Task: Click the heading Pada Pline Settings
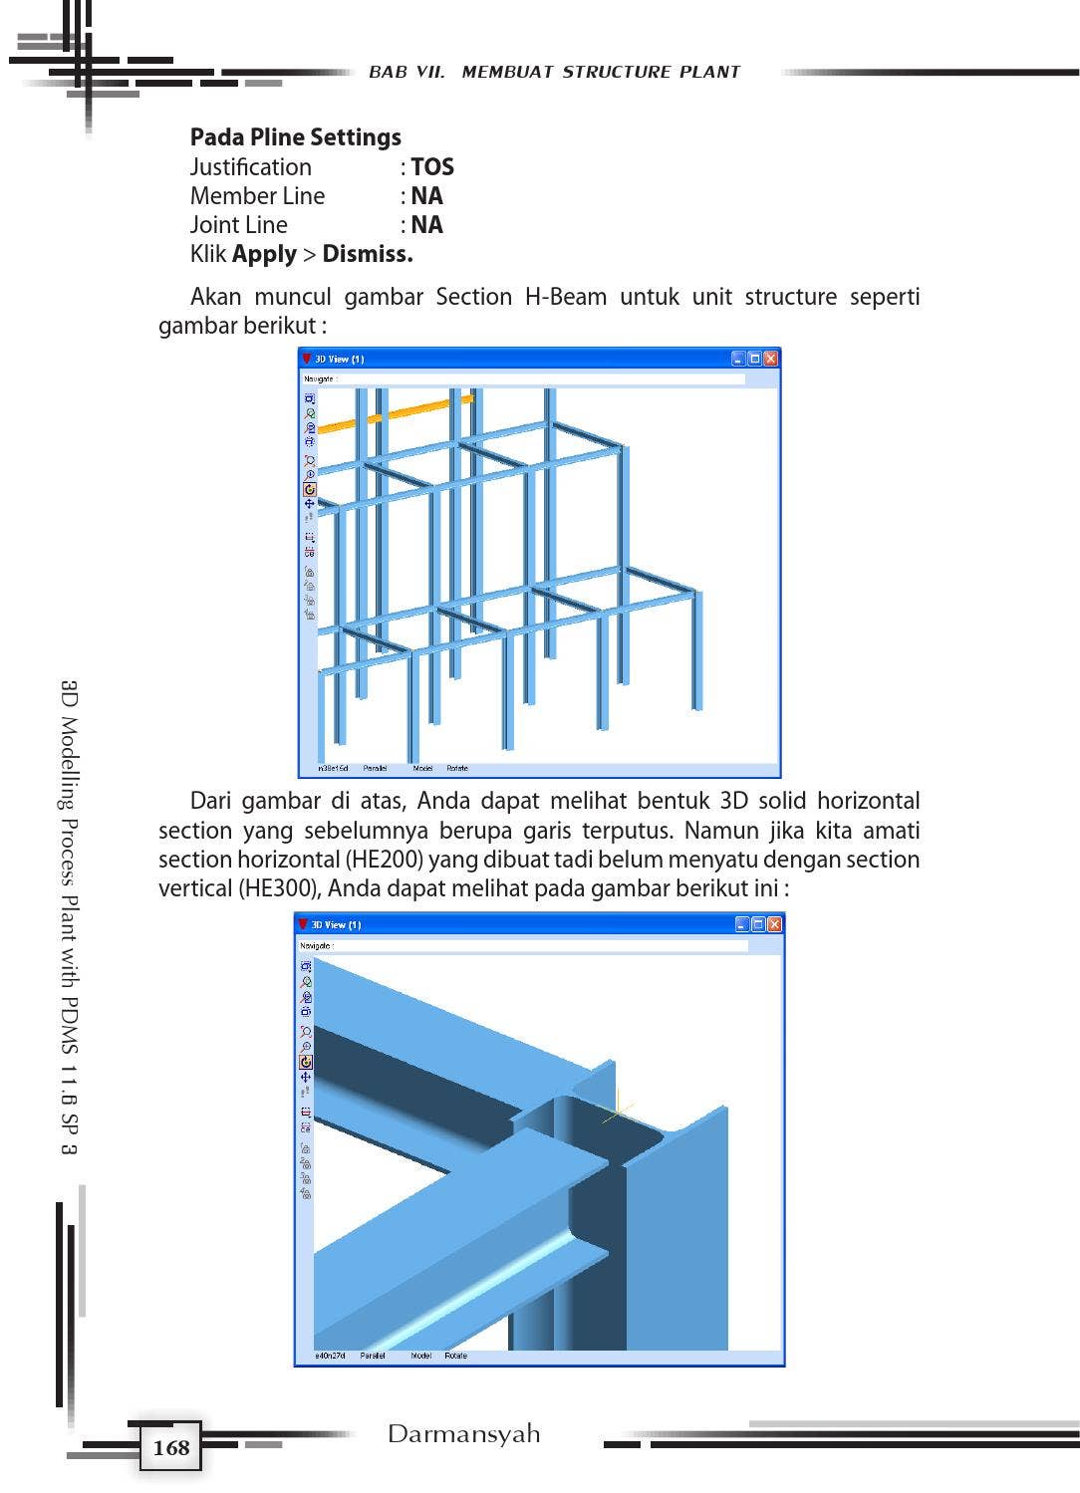[x=295, y=137]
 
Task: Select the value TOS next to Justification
[x=431, y=167]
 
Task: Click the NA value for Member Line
[x=426, y=196]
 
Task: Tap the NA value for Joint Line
[x=426, y=225]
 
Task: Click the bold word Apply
[x=264, y=254]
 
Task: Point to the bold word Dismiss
[x=367, y=254]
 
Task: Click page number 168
[x=171, y=1447]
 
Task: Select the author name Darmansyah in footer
[x=463, y=1434]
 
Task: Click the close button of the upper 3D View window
[x=770, y=359]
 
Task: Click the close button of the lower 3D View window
[x=774, y=924]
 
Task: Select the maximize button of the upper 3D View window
[x=754, y=359]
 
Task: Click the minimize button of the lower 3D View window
[x=742, y=924]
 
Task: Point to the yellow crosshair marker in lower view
[x=618, y=1108]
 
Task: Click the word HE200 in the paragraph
[x=384, y=860]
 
